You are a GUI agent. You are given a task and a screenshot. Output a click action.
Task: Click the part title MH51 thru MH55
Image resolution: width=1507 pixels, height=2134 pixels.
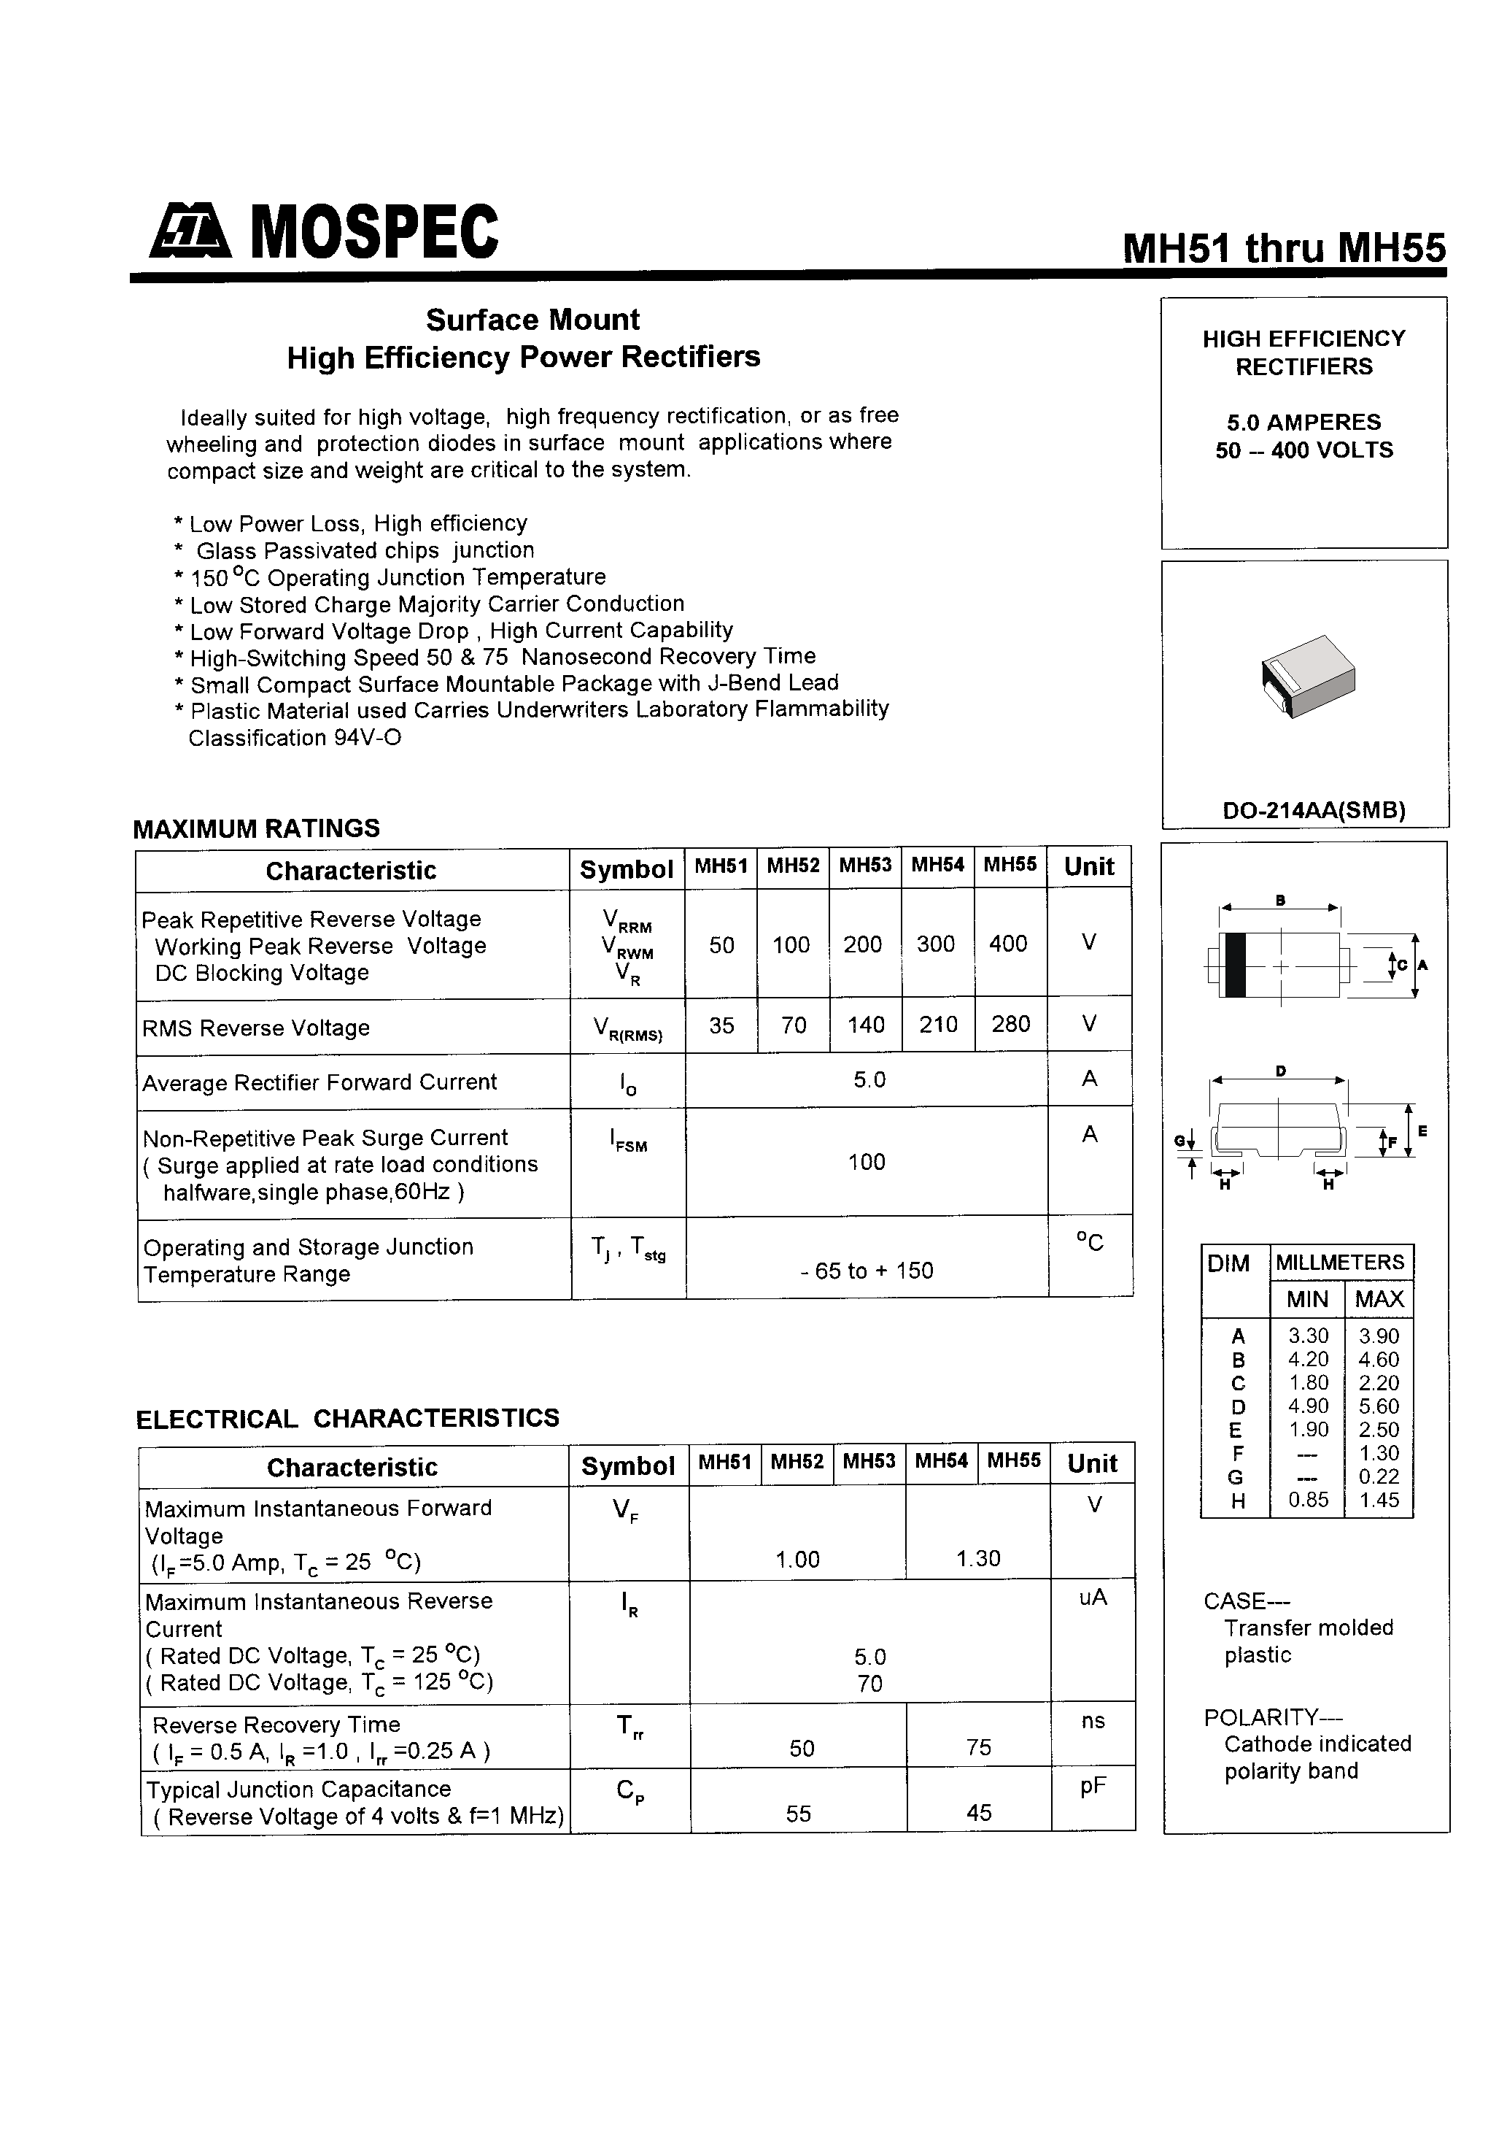point(1284,248)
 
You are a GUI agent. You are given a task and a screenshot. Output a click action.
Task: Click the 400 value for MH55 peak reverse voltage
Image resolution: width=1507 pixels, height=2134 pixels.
point(1008,944)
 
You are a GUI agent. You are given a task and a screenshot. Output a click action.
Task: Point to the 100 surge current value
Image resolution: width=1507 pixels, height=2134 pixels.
point(866,1162)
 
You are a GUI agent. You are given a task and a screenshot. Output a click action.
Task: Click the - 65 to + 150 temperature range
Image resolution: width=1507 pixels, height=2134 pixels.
point(866,1271)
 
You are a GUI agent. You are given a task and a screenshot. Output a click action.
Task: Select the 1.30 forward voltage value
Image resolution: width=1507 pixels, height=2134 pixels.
point(978,1559)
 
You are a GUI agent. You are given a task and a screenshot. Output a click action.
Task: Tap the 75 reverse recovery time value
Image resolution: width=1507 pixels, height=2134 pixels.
point(978,1747)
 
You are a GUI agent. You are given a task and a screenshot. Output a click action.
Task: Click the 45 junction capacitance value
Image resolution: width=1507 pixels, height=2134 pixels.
point(978,1812)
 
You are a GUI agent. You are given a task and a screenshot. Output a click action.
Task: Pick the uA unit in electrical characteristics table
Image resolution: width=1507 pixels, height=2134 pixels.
point(1093,1598)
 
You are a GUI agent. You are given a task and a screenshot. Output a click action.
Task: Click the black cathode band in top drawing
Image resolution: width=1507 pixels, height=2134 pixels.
point(1235,965)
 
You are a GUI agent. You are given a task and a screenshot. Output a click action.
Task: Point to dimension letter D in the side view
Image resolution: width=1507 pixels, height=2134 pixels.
point(1280,1071)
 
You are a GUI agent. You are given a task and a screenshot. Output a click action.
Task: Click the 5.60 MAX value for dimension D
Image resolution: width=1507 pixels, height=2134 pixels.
point(1379,1406)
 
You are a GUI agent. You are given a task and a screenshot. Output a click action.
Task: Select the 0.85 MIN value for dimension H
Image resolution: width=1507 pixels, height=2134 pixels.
point(1308,1499)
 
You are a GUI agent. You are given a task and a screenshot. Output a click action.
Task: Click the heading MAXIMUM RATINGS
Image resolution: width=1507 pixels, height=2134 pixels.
point(257,828)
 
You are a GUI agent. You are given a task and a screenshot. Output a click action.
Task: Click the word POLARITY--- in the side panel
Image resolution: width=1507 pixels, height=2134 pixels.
point(1273,1717)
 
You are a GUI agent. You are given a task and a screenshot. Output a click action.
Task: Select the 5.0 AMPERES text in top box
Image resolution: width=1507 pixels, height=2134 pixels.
point(1303,422)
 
